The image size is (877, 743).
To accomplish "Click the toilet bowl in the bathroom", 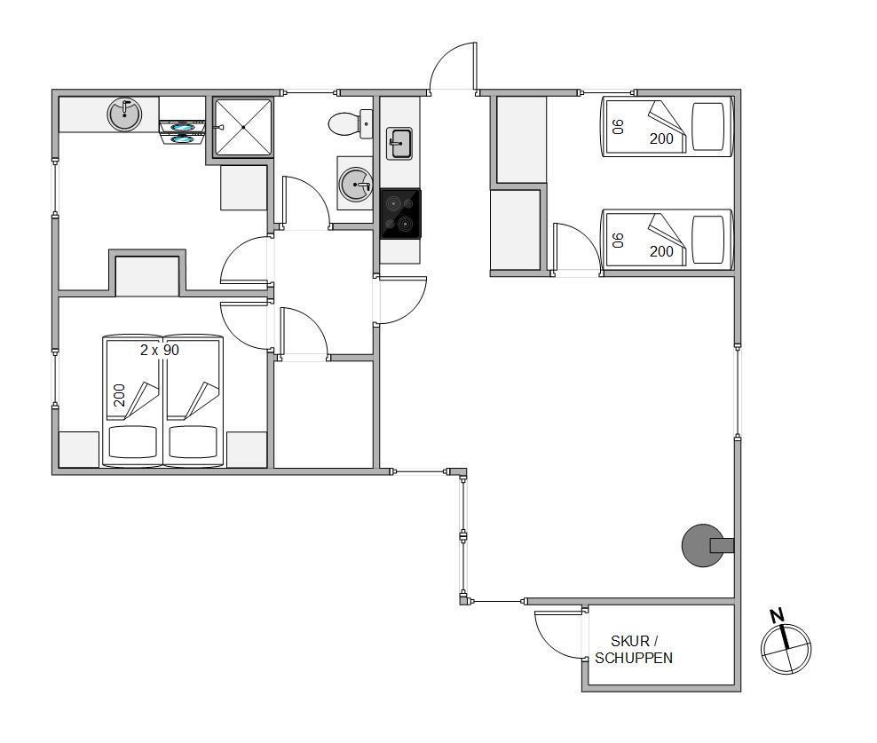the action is point(347,124).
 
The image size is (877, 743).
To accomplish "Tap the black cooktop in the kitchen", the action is point(400,214).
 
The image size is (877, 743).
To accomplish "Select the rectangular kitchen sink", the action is point(399,143).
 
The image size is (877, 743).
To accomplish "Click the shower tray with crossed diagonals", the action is point(243,127).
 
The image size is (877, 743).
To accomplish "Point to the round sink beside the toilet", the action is point(356,184).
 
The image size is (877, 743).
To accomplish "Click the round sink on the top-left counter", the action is point(124,115).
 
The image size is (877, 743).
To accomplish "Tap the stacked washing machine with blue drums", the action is point(182,132).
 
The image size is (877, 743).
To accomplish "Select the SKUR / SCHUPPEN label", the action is point(634,650).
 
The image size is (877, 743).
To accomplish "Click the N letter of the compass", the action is point(777,616).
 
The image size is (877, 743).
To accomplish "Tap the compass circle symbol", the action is point(786,649).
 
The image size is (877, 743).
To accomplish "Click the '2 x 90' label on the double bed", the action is point(160,351).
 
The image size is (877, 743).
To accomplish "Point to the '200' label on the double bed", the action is point(119,395).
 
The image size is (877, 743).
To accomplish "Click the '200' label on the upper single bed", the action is point(661,138).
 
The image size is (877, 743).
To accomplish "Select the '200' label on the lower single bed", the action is point(661,251).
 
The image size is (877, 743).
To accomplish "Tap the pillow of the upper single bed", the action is point(708,126).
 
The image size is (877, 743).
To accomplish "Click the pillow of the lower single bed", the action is point(708,239).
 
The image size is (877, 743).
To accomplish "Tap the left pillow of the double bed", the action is point(132,442).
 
